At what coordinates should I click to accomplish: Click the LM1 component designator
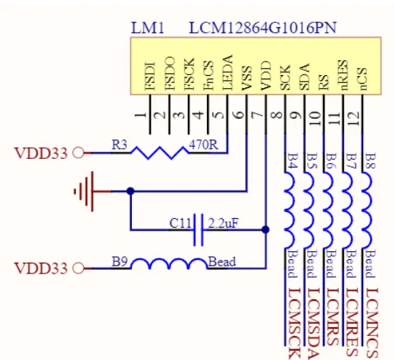tap(148, 29)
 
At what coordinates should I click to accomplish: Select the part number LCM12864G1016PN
tap(263, 29)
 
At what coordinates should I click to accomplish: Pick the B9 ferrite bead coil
tap(168, 266)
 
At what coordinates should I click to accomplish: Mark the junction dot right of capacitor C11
tap(266, 230)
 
